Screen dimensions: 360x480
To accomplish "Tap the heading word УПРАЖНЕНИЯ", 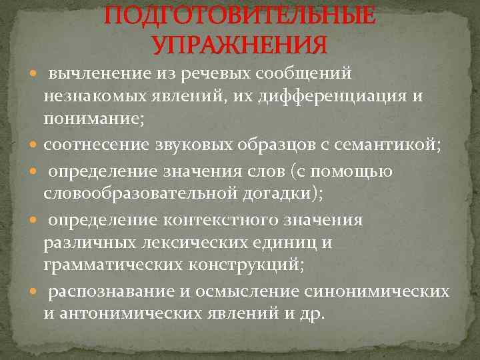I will click(x=239, y=45).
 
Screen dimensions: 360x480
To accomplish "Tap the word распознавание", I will click(x=104, y=291).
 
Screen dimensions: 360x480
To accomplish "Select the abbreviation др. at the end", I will click(x=310, y=314).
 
